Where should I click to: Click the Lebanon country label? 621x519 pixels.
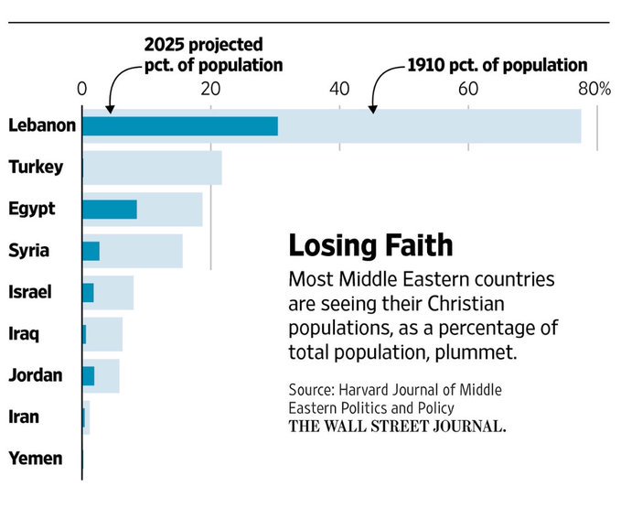tap(41, 125)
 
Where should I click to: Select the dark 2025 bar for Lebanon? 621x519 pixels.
tap(179, 125)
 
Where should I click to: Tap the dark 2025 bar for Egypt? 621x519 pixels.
tap(109, 209)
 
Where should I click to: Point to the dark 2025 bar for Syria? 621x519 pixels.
tap(91, 251)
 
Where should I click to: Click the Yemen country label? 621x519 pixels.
tap(36, 459)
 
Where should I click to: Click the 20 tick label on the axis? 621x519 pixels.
tap(210, 89)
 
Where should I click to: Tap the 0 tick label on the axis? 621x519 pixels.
tap(82, 89)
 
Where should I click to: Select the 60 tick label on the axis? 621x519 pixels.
tap(468, 89)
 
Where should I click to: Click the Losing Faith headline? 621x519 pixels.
tap(370, 245)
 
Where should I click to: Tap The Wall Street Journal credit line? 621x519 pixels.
tap(397, 427)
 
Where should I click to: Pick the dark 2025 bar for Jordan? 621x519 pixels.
tap(88, 375)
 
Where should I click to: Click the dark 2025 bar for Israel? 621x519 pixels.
tap(88, 292)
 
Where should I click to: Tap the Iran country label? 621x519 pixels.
tap(24, 417)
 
